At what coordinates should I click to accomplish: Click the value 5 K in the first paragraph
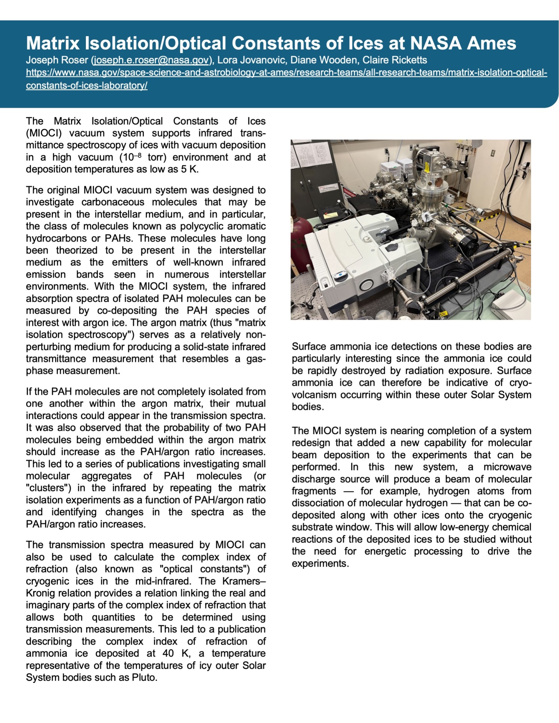[189, 169]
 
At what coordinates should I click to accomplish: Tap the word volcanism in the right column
[314, 395]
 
